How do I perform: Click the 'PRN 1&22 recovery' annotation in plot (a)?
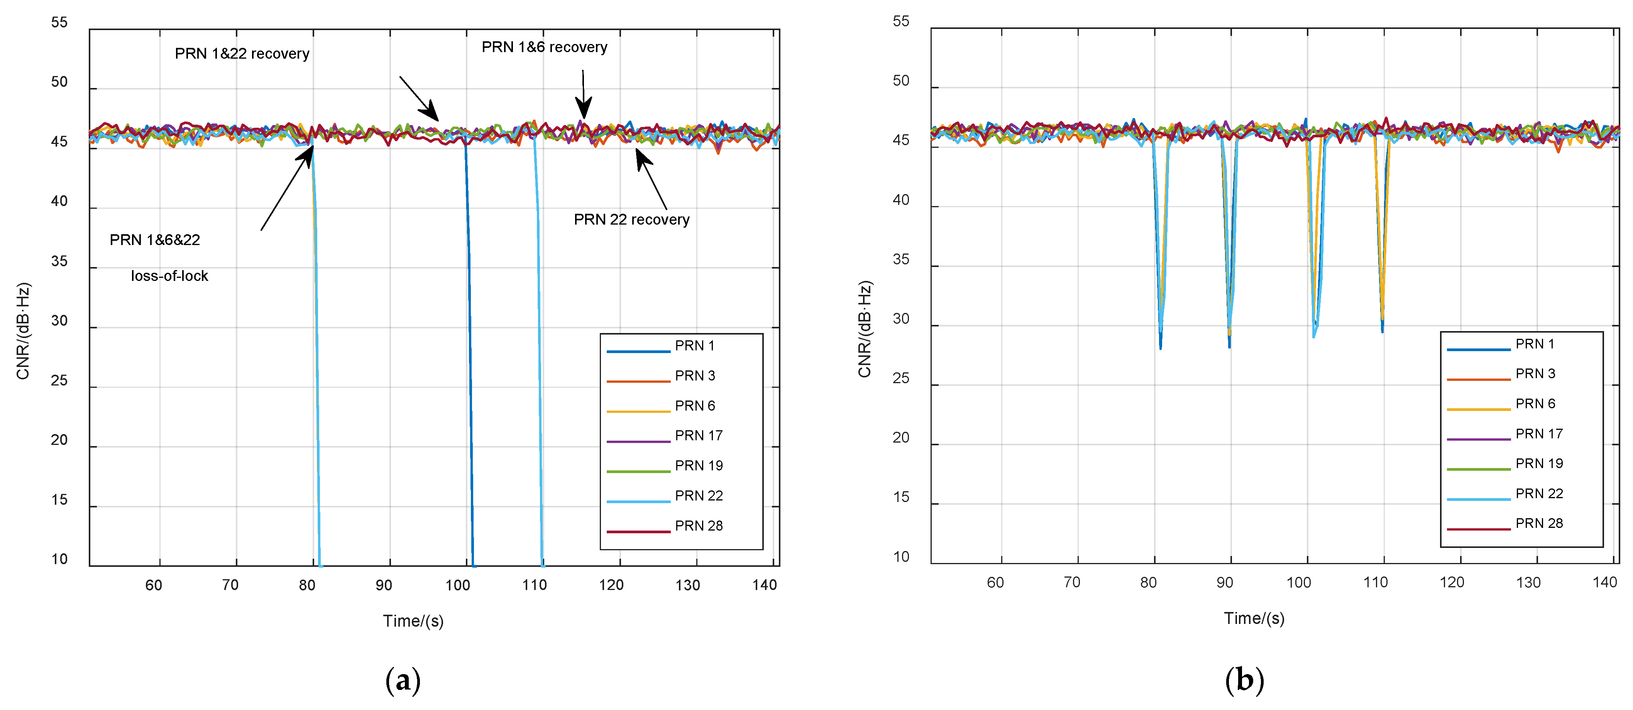click(x=242, y=54)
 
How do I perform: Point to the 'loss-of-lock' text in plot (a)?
click(x=169, y=276)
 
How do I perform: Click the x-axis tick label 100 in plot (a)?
click(x=458, y=585)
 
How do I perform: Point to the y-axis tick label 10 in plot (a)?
click(x=59, y=559)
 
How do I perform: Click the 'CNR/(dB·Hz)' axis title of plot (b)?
click(x=865, y=329)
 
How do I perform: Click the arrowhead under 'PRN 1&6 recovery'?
click(x=583, y=114)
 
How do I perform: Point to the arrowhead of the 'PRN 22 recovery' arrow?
click(x=639, y=152)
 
